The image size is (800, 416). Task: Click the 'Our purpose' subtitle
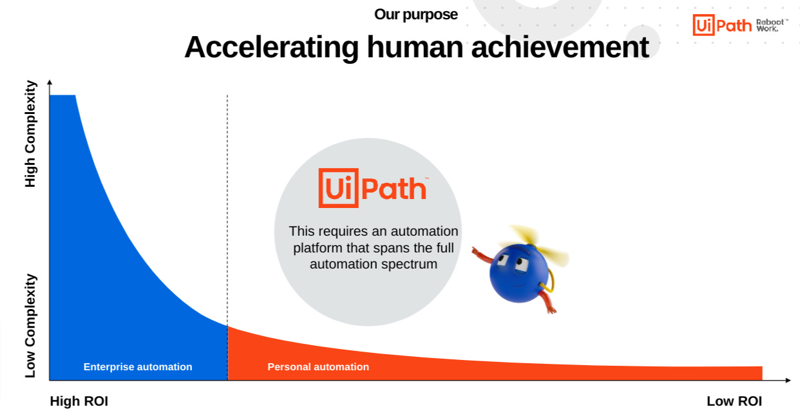coord(415,15)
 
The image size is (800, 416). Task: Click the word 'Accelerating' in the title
coord(271,47)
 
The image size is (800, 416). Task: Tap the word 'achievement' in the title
coord(560,47)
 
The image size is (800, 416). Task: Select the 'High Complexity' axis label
coord(30,134)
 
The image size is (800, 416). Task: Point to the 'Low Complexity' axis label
coord(30,326)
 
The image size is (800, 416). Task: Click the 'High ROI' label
coord(79,401)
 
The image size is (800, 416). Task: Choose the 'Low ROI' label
coord(734,401)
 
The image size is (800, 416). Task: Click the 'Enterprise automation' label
coord(138,366)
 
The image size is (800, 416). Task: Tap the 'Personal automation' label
coord(318,366)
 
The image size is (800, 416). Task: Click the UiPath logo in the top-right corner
coord(722,25)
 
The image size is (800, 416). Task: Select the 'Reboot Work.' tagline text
coord(772,25)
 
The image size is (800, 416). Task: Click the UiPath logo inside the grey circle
coord(373,188)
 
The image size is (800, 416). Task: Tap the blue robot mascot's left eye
coord(502,260)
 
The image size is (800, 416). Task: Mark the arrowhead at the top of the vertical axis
coord(50,82)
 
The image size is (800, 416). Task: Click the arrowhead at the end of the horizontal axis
coord(788,381)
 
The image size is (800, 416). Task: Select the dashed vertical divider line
coord(227,238)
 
